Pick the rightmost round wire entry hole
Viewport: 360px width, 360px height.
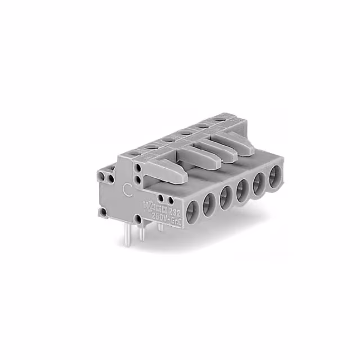[x=275, y=175]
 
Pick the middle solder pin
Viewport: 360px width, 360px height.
[x=141, y=231]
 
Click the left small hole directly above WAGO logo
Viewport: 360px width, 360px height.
[x=161, y=198]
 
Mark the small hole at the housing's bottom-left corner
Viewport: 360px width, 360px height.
[x=103, y=212]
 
